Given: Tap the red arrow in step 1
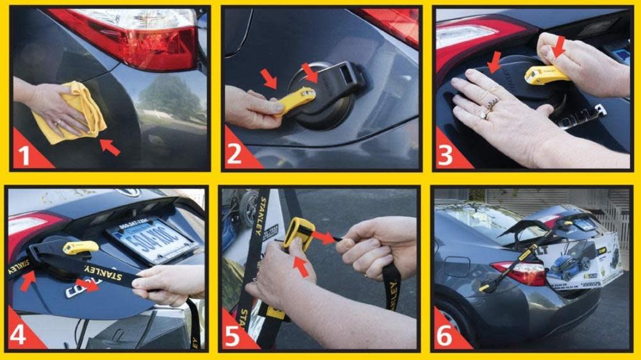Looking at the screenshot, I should pyautogui.click(x=110, y=148).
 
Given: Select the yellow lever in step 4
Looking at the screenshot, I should pyautogui.click(x=80, y=247).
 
